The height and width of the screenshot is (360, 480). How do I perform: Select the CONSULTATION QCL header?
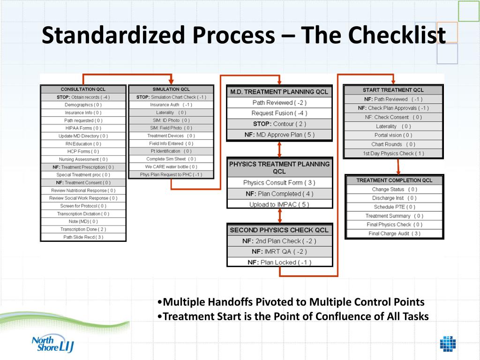83,90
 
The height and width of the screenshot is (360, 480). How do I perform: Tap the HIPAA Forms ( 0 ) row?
83,128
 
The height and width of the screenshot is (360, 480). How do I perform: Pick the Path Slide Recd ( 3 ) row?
83,237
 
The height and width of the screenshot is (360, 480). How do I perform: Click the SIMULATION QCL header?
171,90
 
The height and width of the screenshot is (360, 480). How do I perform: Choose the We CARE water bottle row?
171,167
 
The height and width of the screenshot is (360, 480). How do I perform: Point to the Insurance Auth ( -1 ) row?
171,105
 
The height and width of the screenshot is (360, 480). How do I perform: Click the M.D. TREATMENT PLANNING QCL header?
279,92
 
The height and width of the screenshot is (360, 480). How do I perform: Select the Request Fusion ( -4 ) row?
279,113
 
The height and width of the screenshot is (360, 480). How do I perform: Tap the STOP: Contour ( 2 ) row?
279,124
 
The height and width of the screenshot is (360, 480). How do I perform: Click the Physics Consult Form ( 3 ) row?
279,183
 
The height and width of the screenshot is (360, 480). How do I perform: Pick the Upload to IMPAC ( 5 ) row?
279,204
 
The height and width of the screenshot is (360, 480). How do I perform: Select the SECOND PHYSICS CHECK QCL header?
279,230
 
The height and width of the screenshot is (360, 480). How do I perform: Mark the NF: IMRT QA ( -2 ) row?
279,252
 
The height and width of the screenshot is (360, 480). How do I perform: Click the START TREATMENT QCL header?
393,90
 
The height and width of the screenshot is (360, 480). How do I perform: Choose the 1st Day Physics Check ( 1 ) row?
393,153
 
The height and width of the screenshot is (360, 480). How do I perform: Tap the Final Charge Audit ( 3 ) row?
394,233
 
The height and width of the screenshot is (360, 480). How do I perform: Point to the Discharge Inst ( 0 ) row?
394,198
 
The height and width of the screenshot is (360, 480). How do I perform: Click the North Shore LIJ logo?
52,344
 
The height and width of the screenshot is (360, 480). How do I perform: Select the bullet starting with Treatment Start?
293,316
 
